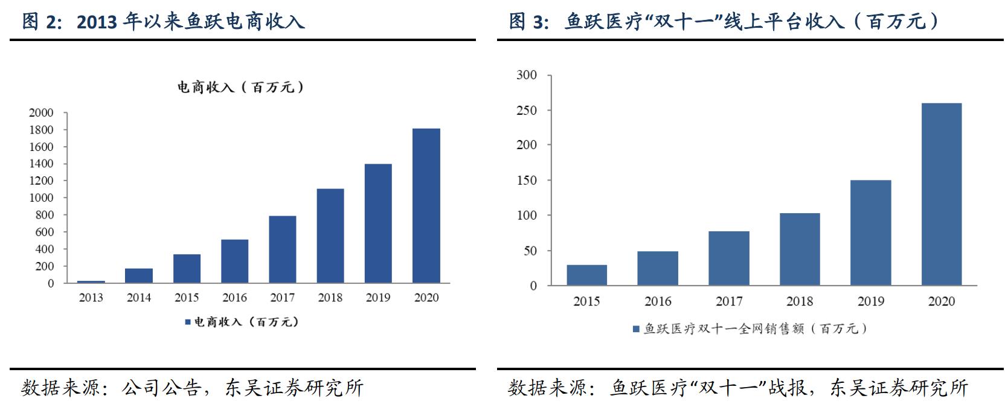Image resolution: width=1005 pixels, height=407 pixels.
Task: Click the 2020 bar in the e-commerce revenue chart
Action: coord(426,205)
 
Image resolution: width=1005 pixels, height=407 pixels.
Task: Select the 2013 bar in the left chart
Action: coord(91,281)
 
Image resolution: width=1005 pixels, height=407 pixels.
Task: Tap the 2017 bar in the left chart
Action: coord(282,249)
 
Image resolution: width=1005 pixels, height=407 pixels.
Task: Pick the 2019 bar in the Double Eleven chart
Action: coord(870,232)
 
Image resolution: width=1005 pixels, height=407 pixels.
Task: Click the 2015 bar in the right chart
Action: coord(586,275)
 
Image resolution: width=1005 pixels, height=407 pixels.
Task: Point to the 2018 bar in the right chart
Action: coord(800,249)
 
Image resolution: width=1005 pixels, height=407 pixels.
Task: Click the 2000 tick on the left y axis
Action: coord(41,113)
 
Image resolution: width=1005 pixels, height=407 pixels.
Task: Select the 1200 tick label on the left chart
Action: coord(41,181)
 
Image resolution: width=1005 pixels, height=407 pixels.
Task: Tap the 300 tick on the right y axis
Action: coord(527,75)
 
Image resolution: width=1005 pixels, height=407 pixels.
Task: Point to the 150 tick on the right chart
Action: coord(527,180)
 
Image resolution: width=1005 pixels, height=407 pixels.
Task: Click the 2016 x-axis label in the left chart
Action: coord(234,298)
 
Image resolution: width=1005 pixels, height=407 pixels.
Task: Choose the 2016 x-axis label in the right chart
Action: coord(658,301)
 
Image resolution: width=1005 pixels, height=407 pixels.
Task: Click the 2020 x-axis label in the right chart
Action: coord(941,301)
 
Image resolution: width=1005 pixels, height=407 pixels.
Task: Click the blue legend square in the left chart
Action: coord(187,322)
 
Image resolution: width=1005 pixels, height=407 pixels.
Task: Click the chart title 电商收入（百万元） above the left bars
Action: coord(240,88)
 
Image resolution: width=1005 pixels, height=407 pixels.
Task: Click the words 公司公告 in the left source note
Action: coord(161,388)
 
